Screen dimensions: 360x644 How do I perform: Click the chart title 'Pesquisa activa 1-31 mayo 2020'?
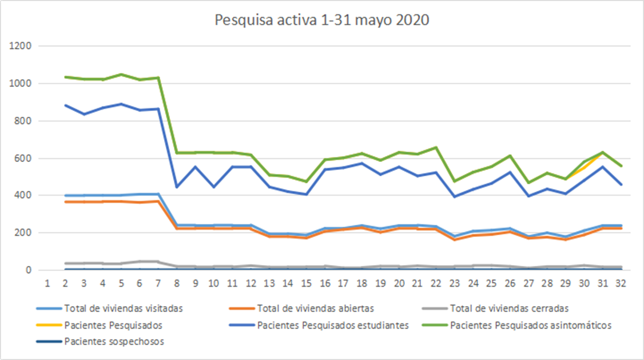pyautogui.click(x=322, y=21)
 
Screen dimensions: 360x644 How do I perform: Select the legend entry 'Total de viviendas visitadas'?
pyautogui.click(x=124, y=308)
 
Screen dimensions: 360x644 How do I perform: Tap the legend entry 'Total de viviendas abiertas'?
pyautogui.click(x=316, y=308)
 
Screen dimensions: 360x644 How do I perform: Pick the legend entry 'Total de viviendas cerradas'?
pyautogui.click(x=509, y=308)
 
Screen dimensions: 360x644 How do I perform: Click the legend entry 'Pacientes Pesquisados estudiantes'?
pyautogui.click(x=332, y=326)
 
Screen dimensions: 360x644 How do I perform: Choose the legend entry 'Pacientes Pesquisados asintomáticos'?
pyautogui.click(x=531, y=326)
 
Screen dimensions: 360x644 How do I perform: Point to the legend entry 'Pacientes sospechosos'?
pyautogui.click(x=114, y=342)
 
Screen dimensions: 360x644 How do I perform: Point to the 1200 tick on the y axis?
pyautogui.click(x=21, y=46)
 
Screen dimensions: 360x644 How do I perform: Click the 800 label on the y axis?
pyautogui.click(x=23, y=121)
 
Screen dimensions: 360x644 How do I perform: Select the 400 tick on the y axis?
pyautogui.click(x=23, y=196)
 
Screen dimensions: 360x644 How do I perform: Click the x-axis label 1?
pyautogui.click(x=47, y=283)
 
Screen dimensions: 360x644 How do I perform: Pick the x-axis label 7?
pyautogui.click(x=158, y=283)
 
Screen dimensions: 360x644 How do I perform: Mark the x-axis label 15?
pyautogui.click(x=307, y=283)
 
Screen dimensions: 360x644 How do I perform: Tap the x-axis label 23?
pyautogui.click(x=455, y=283)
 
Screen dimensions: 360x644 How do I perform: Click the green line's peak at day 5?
pyautogui.click(x=121, y=74)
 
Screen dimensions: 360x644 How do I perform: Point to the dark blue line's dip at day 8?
pyautogui.click(x=177, y=187)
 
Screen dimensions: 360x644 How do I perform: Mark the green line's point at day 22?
pyautogui.click(x=436, y=148)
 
